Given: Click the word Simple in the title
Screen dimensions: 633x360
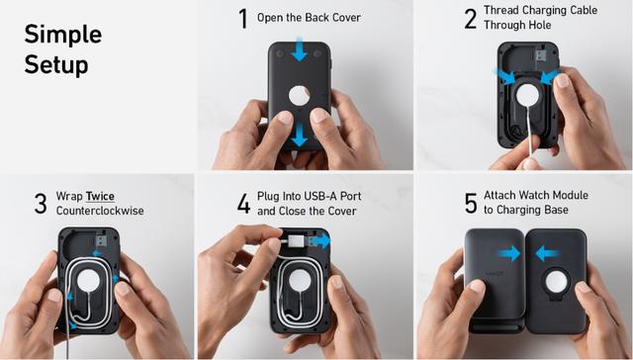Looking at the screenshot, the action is pyautogui.click(x=63, y=36).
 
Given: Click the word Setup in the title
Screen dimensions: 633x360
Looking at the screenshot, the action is pyautogui.click(x=56, y=64).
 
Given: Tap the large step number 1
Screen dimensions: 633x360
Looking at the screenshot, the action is pyautogui.click(x=243, y=19).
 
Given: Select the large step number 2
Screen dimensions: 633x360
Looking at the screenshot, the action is pyautogui.click(x=471, y=19).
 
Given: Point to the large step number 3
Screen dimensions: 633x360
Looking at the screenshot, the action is pyautogui.click(x=41, y=204).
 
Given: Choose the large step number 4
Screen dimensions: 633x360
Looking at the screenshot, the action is pyautogui.click(x=243, y=204).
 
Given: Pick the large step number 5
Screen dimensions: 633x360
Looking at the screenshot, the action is pyautogui.click(x=471, y=203).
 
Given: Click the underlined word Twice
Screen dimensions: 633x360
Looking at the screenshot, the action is pyautogui.click(x=100, y=197).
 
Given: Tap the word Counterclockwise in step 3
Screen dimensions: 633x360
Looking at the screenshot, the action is pyautogui.click(x=100, y=211).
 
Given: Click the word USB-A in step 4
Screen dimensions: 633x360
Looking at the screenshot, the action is pyautogui.click(x=318, y=196).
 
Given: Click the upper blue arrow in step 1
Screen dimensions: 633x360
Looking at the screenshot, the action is pyautogui.click(x=299, y=48).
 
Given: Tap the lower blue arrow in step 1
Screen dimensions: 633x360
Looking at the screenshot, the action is pyautogui.click(x=299, y=135).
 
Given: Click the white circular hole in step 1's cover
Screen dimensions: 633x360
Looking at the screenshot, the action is pyautogui.click(x=300, y=96).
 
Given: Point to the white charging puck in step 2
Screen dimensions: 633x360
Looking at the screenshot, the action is pyautogui.click(x=527, y=95).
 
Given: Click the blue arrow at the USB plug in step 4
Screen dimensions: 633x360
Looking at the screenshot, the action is pyautogui.click(x=321, y=241).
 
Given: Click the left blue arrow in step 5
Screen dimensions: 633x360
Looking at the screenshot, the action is pyautogui.click(x=508, y=253).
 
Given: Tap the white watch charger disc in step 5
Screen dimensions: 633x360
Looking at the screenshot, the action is pyautogui.click(x=557, y=281).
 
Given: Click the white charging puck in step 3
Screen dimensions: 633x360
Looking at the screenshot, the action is pyautogui.click(x=88, y=281).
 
